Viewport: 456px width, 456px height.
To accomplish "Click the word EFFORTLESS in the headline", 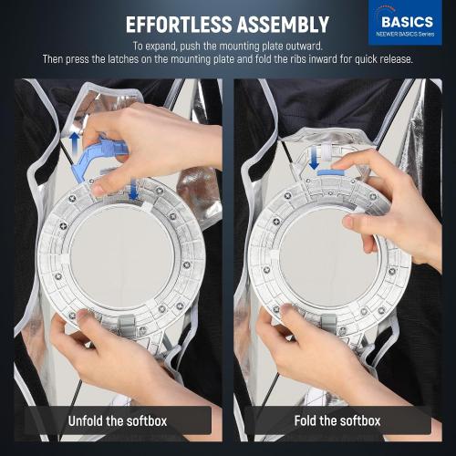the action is point(179,25).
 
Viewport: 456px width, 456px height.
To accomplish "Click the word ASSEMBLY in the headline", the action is point(283,25).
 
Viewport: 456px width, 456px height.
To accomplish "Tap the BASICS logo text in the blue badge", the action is point(407,22).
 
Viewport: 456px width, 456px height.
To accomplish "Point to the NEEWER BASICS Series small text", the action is point(405,34).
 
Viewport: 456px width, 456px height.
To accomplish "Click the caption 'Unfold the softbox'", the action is point(118,421).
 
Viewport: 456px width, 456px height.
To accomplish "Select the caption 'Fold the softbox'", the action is point(337,421).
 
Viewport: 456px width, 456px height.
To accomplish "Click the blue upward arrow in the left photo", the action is point(75,140).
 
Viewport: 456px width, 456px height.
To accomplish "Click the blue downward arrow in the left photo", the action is point(134,189).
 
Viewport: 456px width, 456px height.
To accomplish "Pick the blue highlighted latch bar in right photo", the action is point(331,172).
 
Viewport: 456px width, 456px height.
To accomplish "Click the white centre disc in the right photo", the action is point(329,256).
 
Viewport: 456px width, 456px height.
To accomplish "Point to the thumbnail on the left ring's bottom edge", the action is point(84,315).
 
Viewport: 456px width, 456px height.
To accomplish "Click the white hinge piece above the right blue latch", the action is point(326,151).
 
